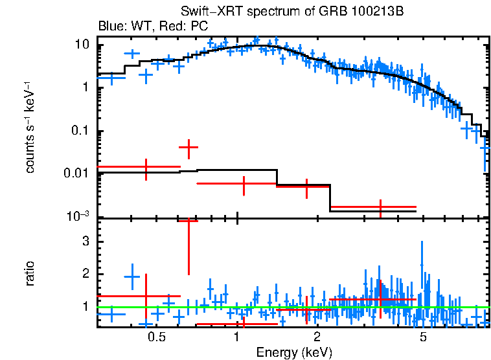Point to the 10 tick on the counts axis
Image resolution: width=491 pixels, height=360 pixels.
click(82, 45)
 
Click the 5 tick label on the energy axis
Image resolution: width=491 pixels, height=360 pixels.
click(423, 337)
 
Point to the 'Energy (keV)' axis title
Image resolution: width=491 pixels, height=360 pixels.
click(294, 352)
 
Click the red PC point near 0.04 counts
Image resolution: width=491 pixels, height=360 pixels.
click(188, 148)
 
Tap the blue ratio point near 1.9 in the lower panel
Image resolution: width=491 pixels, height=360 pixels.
click(132, 276)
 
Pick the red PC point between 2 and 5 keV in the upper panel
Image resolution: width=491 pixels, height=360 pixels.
click(380, 207)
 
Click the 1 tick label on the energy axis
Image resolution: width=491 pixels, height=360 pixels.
click(238, 337)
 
